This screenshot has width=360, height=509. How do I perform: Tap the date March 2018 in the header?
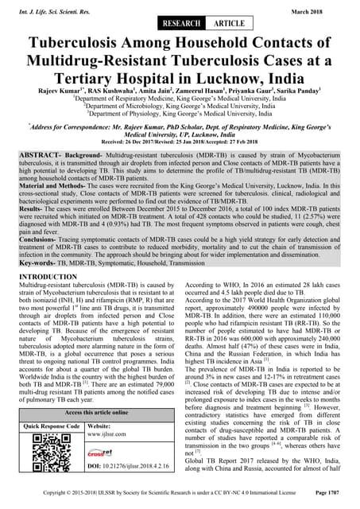329,8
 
